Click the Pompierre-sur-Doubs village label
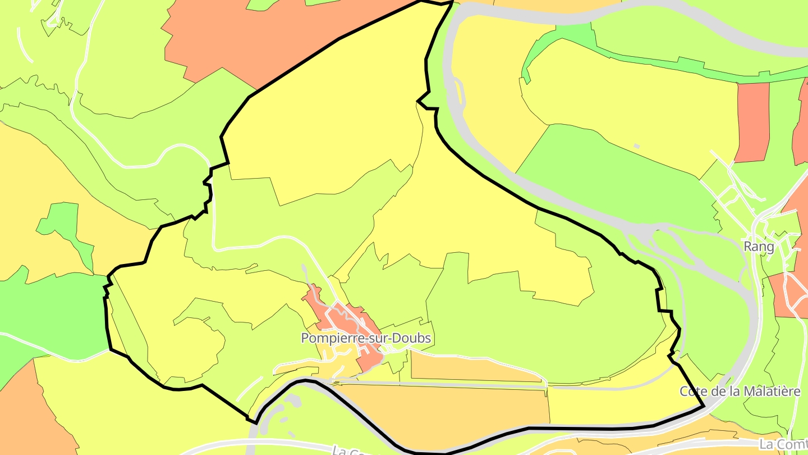point(366,338)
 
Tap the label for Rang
point(759,247)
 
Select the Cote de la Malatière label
point(740,392)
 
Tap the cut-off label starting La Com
point(783,444)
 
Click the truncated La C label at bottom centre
point(342,451)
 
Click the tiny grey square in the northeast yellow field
point(636,147)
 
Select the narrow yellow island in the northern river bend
point(460,93)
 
